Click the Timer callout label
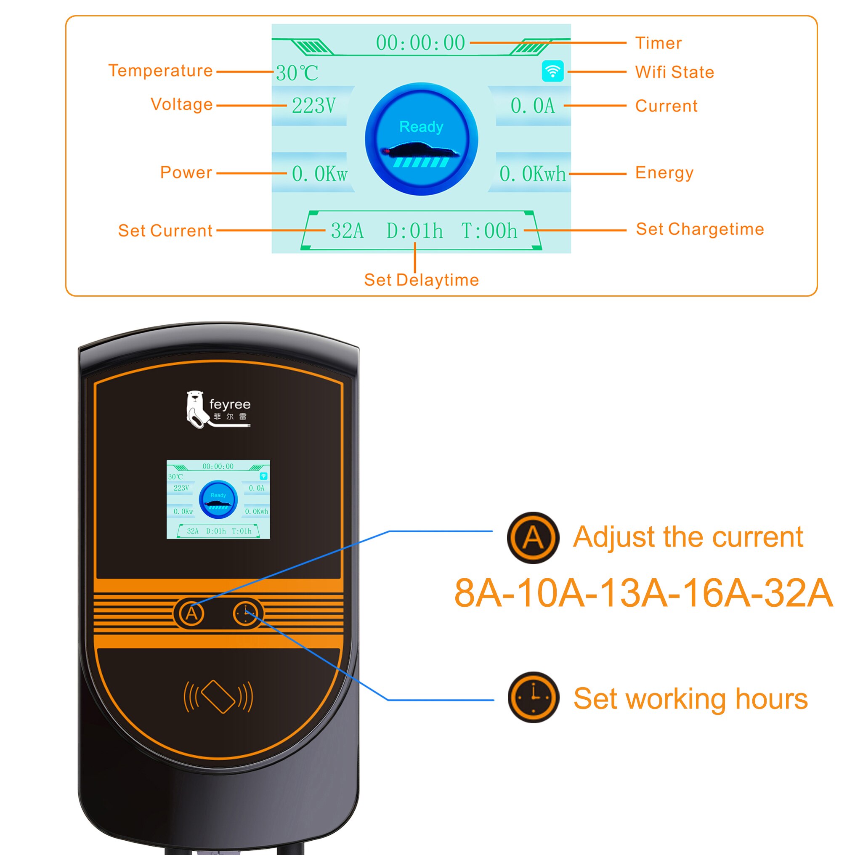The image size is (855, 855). pos(658,43)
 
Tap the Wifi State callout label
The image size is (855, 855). pos(674,72)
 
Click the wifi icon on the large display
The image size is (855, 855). pos(552,71)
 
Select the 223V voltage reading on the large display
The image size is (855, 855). pos(314,106)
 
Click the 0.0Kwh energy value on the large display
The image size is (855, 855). pos(532,173)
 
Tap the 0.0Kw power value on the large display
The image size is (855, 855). pos(319,173)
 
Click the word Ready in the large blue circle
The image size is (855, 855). pos(421,127)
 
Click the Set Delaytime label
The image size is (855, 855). pos(421,280)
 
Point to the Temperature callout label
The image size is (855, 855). pos(161,71)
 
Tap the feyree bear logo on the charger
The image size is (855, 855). pos(196,409)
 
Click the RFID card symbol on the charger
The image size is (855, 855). pos(218,696)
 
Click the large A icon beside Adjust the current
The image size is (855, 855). pos(533,538)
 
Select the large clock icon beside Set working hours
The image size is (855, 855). pos(533,698)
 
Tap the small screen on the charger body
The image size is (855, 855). pos(218,499)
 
